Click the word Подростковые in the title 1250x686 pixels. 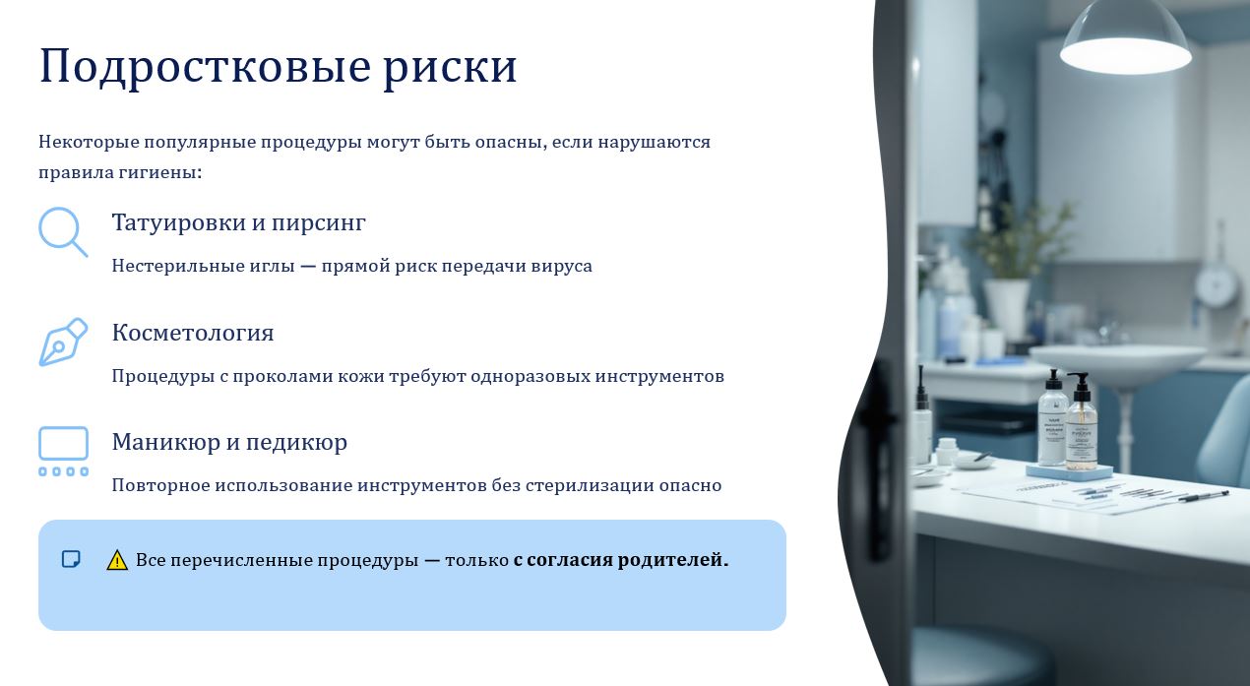pos(205,68)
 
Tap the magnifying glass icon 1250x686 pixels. pos(63,232)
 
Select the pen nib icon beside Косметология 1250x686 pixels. pos(63,342)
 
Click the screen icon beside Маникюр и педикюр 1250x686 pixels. pos(63,451)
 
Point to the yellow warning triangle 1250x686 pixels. pos(116,560)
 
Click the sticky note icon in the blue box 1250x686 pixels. pos(71,559)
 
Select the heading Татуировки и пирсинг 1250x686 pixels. pos(239,222)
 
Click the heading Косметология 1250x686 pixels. pos(193,333)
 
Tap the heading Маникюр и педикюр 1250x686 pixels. pos(229,443)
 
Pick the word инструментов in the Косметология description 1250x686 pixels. pos(659,377)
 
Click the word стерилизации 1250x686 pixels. pos(590,486)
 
